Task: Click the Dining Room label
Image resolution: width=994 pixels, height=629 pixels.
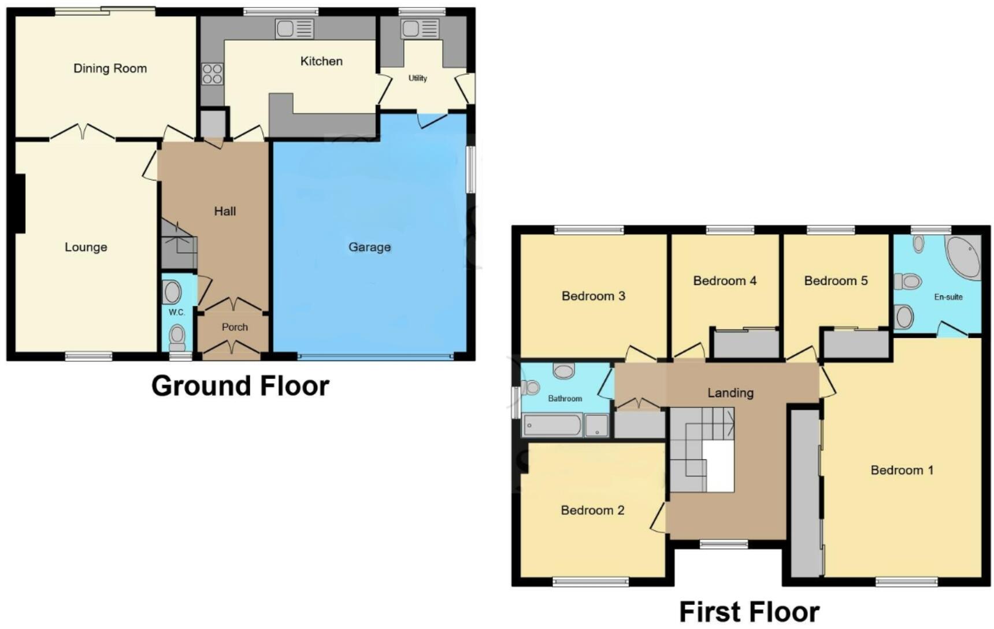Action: pos(110,68)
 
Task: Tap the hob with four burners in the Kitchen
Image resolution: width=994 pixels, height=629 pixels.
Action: pos(212,74)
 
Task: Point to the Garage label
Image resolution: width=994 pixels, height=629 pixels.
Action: pos(369,247)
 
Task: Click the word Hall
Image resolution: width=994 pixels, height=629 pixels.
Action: pos(225,211)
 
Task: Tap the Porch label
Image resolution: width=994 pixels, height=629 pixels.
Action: pos(235,327)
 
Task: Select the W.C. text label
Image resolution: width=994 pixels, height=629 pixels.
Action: pos(177,312)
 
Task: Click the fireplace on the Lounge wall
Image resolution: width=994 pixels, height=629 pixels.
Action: pos(20,203)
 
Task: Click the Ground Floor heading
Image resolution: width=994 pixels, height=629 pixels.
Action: pos(240,386)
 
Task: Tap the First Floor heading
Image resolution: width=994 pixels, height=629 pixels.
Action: pos(749,612)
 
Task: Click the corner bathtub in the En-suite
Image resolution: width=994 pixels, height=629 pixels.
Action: pos(964,257)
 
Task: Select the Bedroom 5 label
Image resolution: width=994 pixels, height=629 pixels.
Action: pos(836,280)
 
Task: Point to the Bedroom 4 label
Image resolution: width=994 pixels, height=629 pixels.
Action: pos(725,280)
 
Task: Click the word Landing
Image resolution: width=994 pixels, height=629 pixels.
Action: pos(730,393)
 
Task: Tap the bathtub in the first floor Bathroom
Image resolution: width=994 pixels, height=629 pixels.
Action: pos(552,425)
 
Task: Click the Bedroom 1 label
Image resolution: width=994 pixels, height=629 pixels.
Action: pos(902,470)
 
